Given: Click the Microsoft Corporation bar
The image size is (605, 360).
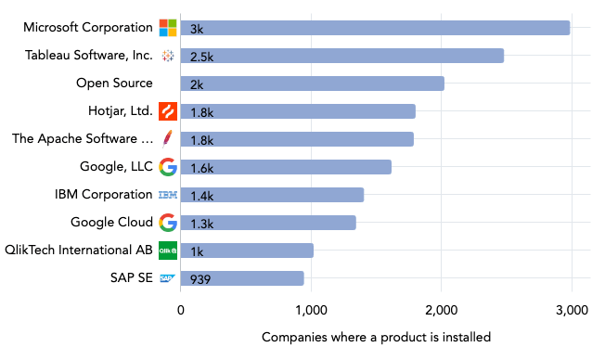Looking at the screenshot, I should click(x=375, y=28).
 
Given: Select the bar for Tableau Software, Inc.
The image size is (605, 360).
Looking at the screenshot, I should click(x=341, y=56).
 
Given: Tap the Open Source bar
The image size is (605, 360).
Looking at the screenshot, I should click(x=312, y=84).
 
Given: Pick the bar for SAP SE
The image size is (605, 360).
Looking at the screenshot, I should click(x=242, y=278).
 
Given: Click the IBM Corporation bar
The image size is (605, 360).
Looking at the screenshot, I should click(x=272, y=195).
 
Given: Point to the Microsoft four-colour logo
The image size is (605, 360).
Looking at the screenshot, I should click(x=168, y=28).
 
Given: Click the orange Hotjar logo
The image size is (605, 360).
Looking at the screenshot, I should click(x=168, y=111).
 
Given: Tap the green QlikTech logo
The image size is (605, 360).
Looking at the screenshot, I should click(x=168, y=251).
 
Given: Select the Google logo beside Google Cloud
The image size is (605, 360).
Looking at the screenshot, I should click(x=168, y=223).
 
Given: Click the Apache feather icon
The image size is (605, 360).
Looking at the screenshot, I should click(x=168, y=139).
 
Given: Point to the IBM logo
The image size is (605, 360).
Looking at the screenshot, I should click(x=168, y=195).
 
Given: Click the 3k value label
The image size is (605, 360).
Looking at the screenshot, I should click(x=197, y=29).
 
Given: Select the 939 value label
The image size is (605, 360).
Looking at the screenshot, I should click(x=200, y=279).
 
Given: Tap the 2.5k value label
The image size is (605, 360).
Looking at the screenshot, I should click(x=201, y=57).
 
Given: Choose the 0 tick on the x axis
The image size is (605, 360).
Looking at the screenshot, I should click(x=181, y=310).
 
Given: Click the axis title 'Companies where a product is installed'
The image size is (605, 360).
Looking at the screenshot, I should click(x=376, y=336).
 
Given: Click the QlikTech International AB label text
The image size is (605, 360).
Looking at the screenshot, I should click(x=79, y=251).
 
